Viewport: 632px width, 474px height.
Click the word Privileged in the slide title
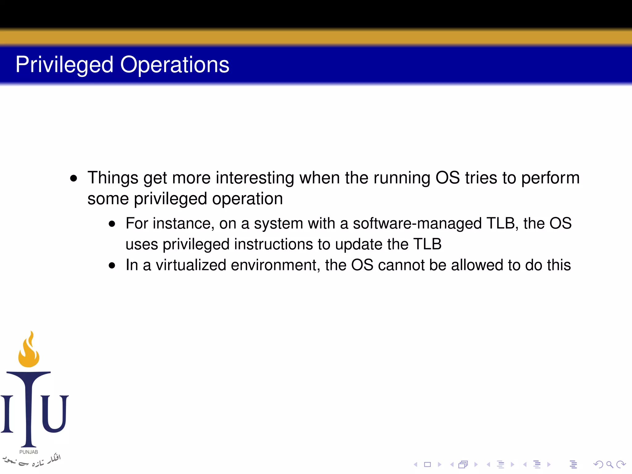[64, 65]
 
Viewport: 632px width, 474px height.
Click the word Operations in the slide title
[175, 65]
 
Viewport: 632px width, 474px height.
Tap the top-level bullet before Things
[73, 178]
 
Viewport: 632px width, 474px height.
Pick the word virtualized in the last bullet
[191, 265]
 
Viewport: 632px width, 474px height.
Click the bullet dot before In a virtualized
[112, 265]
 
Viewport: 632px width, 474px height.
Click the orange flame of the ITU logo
[29, 352]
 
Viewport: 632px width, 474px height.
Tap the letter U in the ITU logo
[55, 414]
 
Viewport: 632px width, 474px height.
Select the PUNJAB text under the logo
[29, 452]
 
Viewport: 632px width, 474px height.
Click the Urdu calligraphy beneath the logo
[31, 460]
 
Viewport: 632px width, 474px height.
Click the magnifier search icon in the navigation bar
[609, 464]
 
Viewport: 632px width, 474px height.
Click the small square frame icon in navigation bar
[427, 464]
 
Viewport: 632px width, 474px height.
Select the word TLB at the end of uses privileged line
[427, 244]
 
